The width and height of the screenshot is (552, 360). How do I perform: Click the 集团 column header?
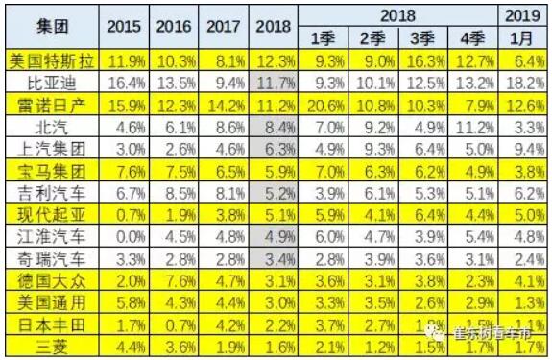[50, 26]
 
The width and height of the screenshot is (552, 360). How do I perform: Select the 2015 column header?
[123, 26]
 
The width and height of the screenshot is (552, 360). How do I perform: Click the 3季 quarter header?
[422, 38]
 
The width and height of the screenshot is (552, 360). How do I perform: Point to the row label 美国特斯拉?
[50, 60]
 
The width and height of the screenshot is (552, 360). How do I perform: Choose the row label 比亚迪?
[50, 82]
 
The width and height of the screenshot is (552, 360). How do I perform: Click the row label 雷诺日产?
[50, 104]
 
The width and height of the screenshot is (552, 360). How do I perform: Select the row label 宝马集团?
[50, 170]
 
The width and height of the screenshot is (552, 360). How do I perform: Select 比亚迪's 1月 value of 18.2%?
[523, 82]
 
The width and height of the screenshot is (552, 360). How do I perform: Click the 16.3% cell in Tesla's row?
[422, 60]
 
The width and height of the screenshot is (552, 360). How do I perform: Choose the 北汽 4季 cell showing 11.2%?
[473, 126]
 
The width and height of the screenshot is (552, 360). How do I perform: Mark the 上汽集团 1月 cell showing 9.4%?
[523, 148]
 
